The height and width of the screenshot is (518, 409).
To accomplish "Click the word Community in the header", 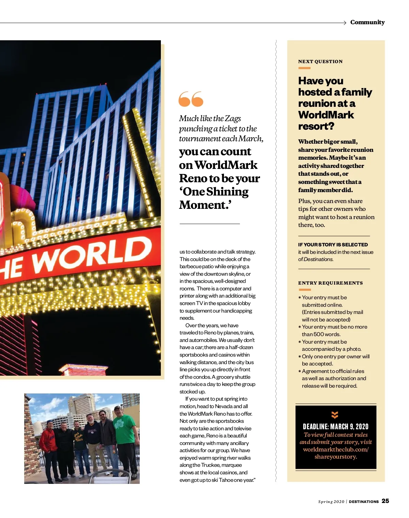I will [x=367, y=22].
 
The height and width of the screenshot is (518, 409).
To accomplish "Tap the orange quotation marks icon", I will [x=191, y=99].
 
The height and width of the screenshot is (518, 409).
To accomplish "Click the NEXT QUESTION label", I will [x=320, y=61].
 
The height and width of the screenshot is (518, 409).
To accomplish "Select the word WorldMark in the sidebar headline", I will [x=326, y=115].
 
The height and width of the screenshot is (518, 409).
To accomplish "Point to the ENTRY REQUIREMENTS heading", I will [x=330, y=283].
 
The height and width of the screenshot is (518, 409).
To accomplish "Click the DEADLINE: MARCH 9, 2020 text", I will [x=336, y=427].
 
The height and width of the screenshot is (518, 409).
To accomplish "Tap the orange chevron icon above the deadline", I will [x=335, y=415].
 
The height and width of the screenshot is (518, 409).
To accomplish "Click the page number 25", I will [x=385, y=501].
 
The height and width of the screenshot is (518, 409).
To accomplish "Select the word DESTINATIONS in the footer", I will [x=364, y=502].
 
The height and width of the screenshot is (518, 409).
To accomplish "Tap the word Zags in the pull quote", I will [x=233, y=118].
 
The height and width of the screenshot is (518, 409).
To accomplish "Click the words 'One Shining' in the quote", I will [x=214, y=192].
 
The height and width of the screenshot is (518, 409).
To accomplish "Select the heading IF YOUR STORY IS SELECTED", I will [x=333, y=245].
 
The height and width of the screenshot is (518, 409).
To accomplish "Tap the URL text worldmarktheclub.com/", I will [x=336, y=449].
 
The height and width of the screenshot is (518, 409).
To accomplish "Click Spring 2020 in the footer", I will [x=331, y=502].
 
